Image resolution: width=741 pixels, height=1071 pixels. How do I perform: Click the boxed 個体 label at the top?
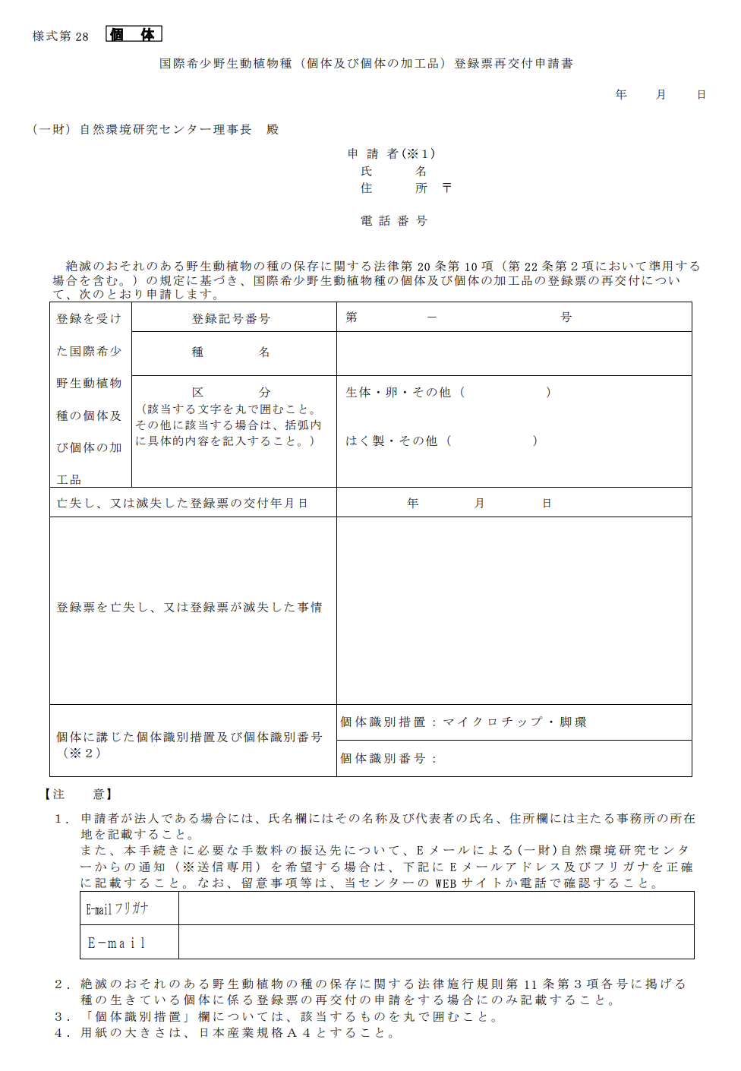coord(134,34)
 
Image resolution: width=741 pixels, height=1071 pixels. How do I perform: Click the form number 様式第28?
coord(61,36)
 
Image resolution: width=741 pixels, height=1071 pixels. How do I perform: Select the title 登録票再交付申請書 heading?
coord(366,64)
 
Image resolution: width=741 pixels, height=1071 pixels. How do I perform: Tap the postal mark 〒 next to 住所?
coord(446,188)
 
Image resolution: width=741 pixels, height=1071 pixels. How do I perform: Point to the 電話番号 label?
coord(394,221)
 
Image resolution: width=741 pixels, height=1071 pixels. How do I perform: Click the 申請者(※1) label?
coord(391,154)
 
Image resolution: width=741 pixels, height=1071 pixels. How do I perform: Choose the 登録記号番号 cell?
coord(231,318)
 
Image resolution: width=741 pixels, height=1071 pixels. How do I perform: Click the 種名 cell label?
coord(231,352)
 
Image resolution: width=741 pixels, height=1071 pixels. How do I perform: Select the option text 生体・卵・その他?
coord(398,393)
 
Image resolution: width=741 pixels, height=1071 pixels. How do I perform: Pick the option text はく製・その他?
coord(391,441)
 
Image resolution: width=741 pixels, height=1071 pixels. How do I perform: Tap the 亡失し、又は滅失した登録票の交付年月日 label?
coord(182,504)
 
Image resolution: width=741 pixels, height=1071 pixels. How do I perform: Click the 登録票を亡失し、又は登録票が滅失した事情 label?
coord(189,608)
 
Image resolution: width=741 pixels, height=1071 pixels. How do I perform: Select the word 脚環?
coord(573,722)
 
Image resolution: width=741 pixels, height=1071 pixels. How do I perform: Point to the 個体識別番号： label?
coord(388,759)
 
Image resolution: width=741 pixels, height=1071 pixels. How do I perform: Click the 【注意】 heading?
coord(78,795)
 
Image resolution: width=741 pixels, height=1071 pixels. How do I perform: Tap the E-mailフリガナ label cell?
coord(118,908)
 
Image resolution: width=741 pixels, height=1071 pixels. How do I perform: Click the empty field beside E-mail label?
coord(436,943)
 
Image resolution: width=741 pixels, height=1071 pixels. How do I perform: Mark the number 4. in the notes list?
coord(61,1033)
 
